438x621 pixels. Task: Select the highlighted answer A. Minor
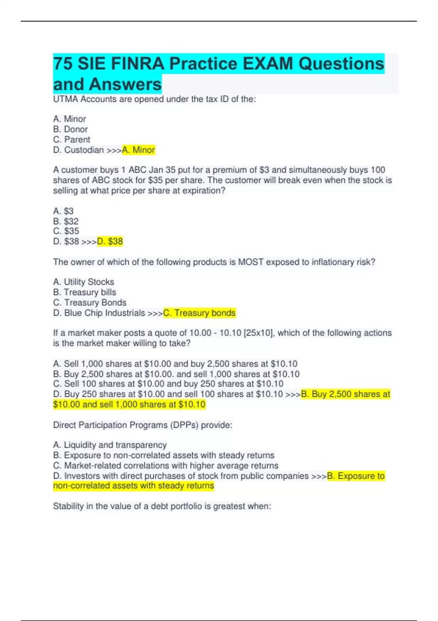click(139, 150)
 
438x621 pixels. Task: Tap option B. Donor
click(70, 129)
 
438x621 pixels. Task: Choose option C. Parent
click(72, 140)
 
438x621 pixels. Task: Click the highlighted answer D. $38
click(110, 241)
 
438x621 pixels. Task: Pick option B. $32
click(66, 221)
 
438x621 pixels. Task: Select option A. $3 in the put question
click(64, 211)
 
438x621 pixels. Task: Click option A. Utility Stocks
click(84, 282)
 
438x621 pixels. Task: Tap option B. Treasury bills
click(85, 292)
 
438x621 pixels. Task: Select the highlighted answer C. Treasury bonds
click(199, 313)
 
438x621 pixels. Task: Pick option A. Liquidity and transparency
click(110, 445)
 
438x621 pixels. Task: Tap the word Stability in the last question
click(68, 506)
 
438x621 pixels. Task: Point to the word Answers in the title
click(125, 84)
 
